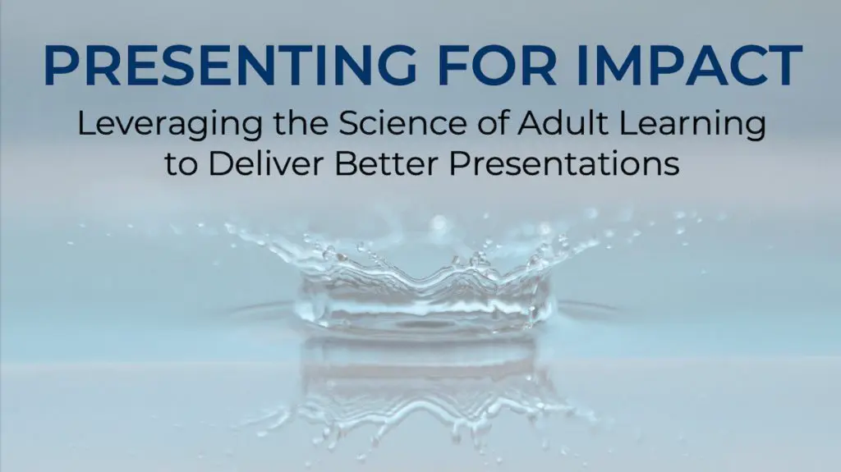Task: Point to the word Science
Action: point(386,125)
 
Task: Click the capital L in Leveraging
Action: point(85,125)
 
